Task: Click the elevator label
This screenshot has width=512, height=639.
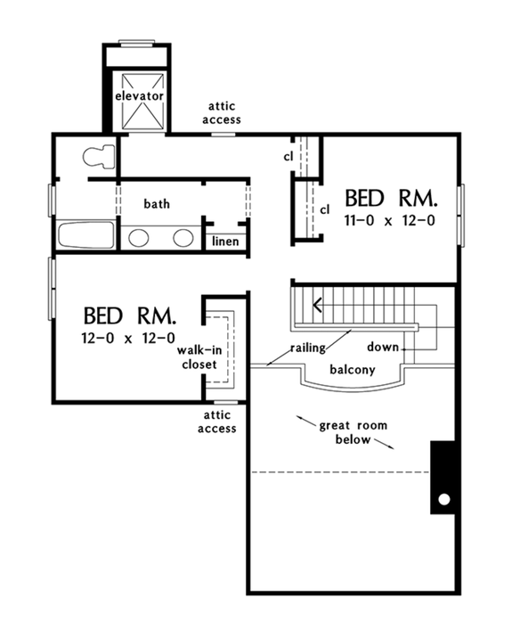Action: pos(138,94)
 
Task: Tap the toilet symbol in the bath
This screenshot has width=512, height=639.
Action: pos(98,157)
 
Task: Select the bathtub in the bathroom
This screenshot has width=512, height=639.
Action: pos(86,237)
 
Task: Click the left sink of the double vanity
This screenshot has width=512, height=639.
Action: pos(138,237)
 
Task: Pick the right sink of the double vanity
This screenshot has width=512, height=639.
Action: pos(183,237)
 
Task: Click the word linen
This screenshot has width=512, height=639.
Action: pos(224,241)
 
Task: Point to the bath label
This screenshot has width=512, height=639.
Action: pos(157,204)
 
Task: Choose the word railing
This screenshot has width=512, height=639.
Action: pos(306,347)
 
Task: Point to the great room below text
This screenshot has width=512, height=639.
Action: pos(354,433)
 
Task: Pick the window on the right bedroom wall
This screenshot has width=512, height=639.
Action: pos(461,215)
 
